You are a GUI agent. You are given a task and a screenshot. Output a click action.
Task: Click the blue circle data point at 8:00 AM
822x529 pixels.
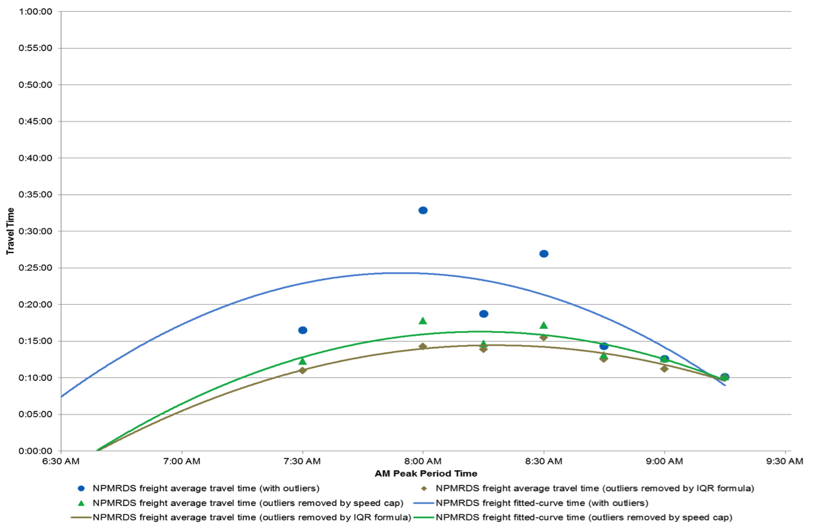pos(423,210)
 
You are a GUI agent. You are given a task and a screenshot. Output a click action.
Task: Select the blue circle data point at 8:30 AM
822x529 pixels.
pos(544,254)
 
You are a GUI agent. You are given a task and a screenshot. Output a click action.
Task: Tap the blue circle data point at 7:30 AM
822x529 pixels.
pos(303,331)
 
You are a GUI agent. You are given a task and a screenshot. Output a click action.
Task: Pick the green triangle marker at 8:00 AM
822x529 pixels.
pos(423,321)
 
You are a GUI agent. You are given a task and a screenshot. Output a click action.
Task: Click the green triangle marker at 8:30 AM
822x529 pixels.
pos(544,326)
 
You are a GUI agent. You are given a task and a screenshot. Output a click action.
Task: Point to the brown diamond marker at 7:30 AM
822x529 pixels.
pos(303,370)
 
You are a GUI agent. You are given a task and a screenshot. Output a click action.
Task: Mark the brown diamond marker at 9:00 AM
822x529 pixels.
pos(664,369)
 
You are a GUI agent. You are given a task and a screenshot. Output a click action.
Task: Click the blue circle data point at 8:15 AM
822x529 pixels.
pos(483,314)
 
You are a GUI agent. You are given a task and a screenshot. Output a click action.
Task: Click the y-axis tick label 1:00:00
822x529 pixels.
pos(35,12)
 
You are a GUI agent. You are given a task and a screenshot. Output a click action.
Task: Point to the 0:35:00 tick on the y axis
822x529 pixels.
pos(35,195)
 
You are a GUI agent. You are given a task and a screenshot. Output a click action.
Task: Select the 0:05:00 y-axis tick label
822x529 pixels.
pos(35,415)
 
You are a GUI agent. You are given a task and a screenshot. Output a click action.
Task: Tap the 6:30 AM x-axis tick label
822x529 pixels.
pos(61,461)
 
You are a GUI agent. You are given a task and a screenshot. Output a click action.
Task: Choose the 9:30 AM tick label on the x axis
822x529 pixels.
pos(784,461)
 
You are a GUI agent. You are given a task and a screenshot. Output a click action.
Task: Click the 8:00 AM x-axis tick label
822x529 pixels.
pos(423,461)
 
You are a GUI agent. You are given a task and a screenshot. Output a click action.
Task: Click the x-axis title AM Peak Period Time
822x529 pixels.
pos(426,474)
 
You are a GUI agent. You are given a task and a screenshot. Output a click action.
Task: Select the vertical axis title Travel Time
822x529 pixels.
pos(10,231)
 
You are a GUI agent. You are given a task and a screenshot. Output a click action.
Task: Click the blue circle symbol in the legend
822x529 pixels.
pos(82,488)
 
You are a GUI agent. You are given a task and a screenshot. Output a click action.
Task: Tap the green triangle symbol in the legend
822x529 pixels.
pos(82,503)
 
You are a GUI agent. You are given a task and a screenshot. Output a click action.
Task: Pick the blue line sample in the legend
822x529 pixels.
pos(423,503)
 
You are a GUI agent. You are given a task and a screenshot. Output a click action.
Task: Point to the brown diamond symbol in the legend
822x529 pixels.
pos(424,488)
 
